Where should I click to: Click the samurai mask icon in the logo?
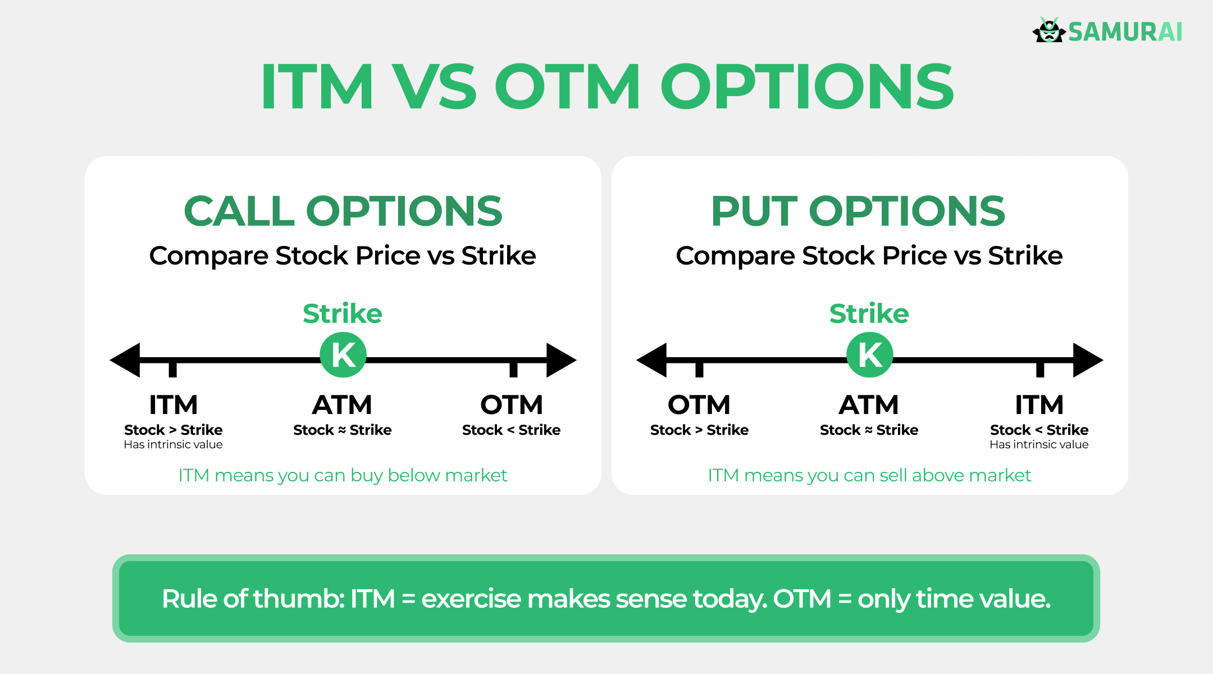tap(1048, 31)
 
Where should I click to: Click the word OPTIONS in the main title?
tap(806, 87)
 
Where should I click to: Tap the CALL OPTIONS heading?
tap(343, 211)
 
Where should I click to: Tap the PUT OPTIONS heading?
tap(858, 211)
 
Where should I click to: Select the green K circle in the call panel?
tap(343, 355)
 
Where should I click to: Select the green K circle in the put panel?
tap(869, 355)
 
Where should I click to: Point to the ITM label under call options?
tap(173, 405)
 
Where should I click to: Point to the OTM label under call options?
tap(511, 405)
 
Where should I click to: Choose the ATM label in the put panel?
tap(869, 405)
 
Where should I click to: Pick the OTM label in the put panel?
tap(699, 405)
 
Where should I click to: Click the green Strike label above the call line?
tap(343, 313)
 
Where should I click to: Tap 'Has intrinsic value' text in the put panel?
tap(1039, 445)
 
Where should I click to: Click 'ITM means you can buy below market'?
tap(343, 476)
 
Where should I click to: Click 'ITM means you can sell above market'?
tap(869, 476)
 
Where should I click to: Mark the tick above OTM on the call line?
tap(513, 368)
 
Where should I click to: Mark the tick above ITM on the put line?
tap(1040, 368)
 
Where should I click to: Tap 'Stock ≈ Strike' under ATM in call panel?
tap(343, 430)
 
